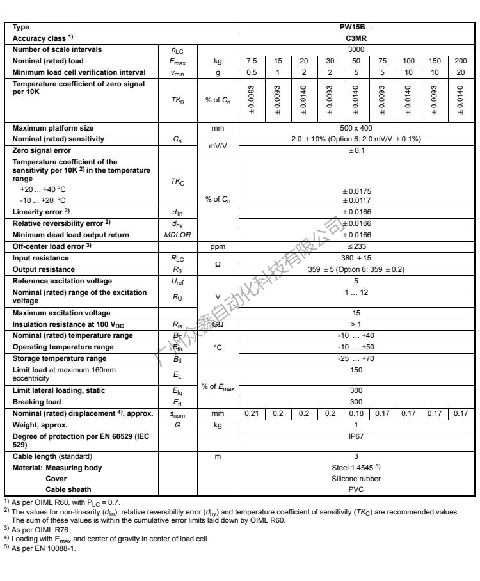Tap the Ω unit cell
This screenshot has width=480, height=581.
click(x=218, y=264)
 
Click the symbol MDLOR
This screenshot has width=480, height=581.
click(x=178, y=235)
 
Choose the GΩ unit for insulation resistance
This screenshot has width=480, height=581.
click(x=218, y=324)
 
